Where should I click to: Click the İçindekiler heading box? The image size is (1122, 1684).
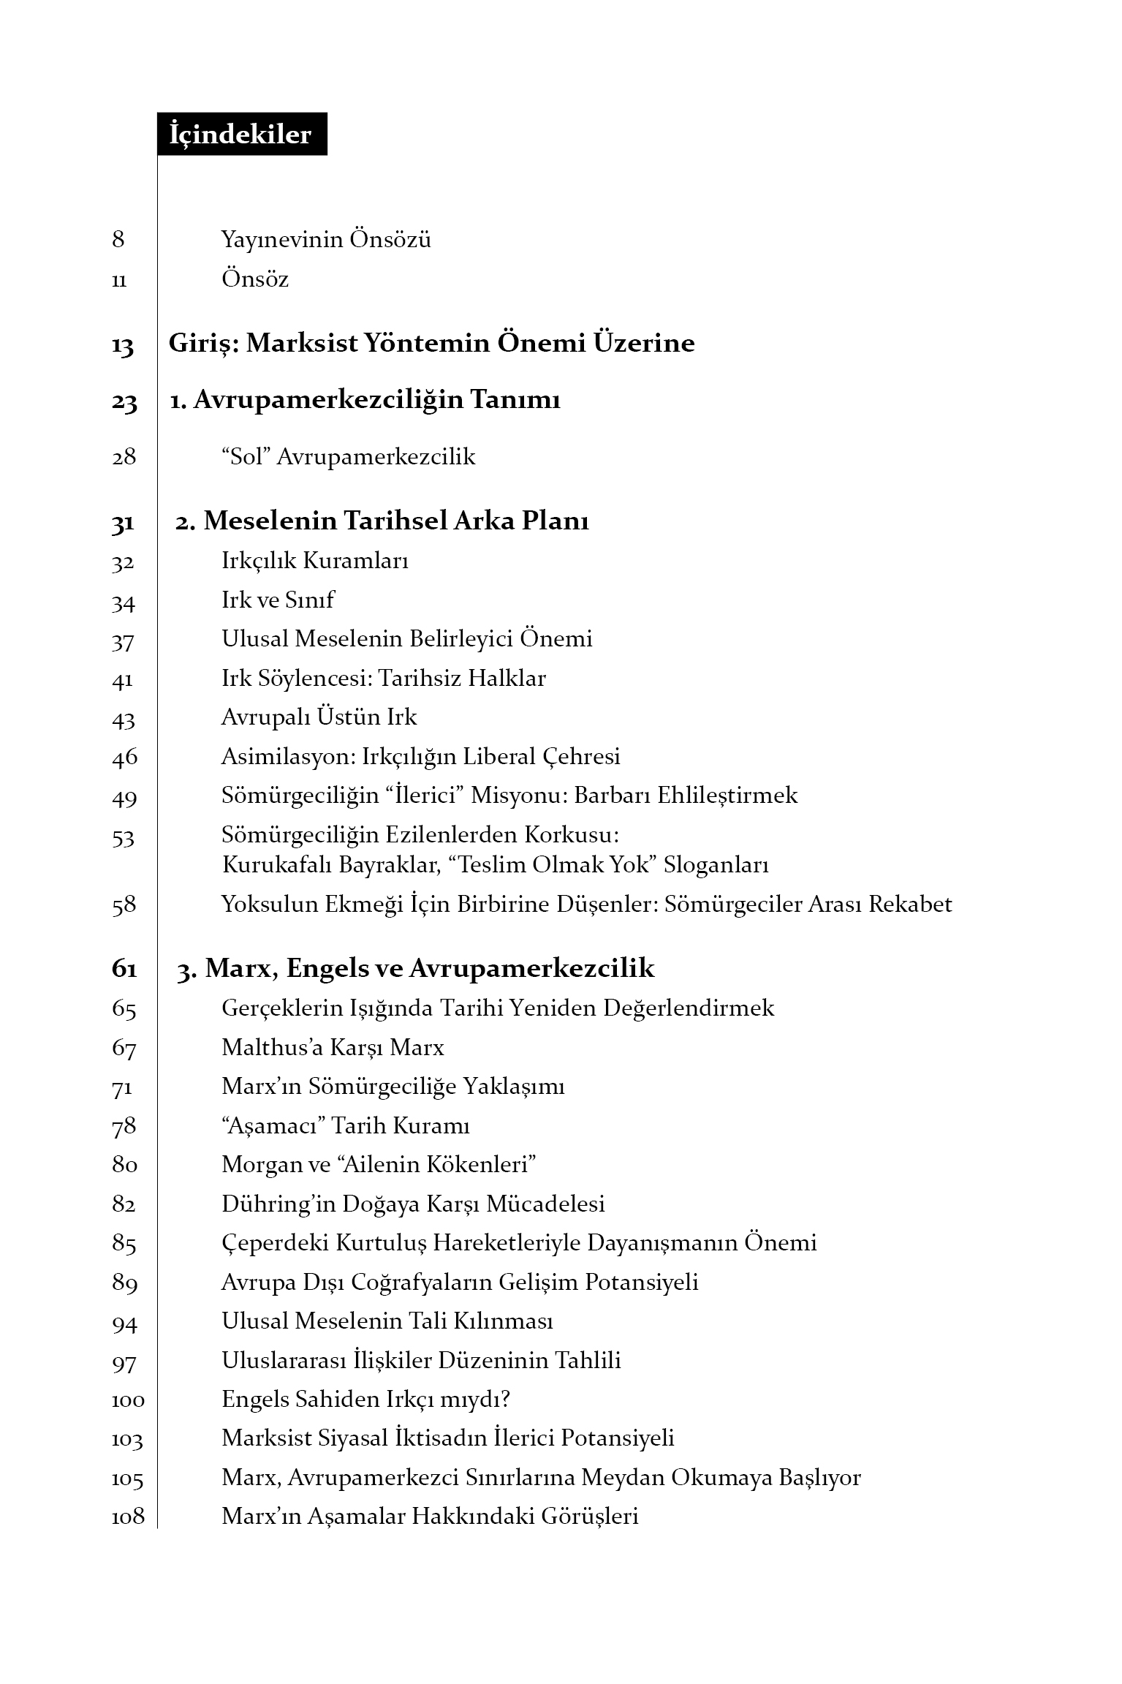click(x=241, y=135)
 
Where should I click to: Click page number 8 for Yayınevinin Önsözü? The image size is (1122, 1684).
click(x=118, y=240)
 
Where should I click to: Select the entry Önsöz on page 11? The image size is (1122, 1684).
click(x=255, y=279)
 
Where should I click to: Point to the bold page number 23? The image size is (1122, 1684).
click(x=124, y=401)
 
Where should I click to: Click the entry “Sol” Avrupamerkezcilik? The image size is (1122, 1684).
click(x=348, y=458)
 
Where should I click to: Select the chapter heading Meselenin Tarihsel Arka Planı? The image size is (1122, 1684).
click(x=395, y=521)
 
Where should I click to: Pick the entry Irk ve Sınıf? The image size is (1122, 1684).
click(x=278, y=600)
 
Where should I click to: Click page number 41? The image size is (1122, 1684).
click(x=123, y=680)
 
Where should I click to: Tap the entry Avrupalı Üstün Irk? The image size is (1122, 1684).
click(x=319, y=717)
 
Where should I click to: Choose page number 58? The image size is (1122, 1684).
click(x=124, y=905)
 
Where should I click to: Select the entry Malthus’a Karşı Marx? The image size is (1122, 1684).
click(x=333, y=1048)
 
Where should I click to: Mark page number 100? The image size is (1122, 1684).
click(x=128, y=1400)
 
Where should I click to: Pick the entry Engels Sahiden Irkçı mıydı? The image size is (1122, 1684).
click(x=365, y=1400)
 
